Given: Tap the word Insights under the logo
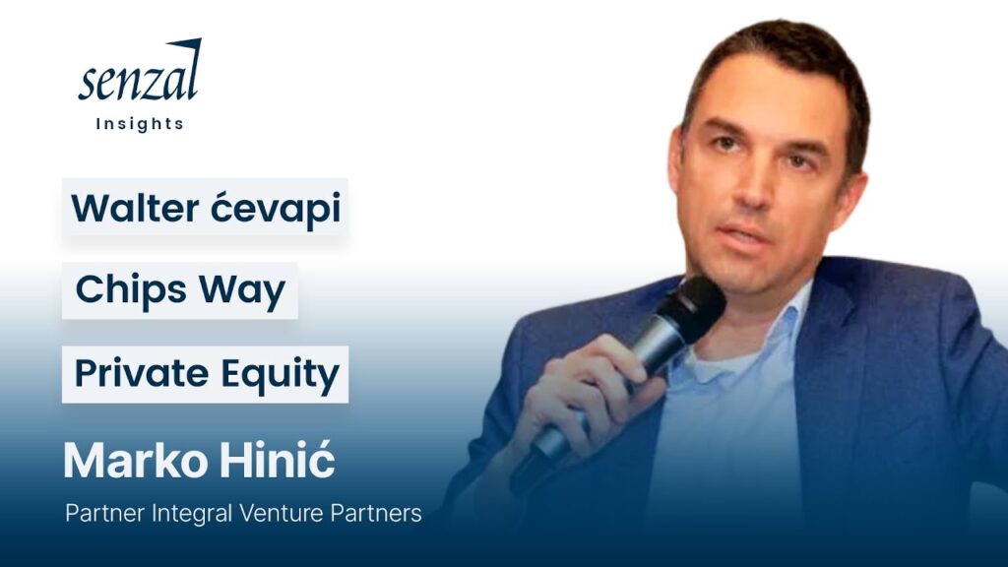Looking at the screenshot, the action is point(140,124).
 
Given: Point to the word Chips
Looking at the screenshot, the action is point(131,290).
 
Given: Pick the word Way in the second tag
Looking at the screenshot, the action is point(242,291).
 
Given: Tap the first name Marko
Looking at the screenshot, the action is point(136,461).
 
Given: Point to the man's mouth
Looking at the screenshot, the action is point(744,234).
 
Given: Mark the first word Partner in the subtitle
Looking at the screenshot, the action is point(105,514).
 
